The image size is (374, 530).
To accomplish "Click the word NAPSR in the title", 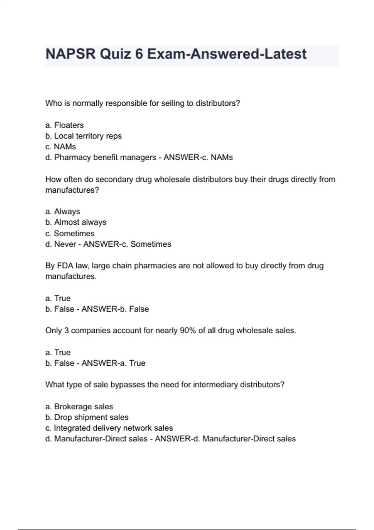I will (70, 54).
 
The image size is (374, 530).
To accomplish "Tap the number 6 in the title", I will (139, 54).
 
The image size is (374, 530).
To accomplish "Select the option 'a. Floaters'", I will (65, 125).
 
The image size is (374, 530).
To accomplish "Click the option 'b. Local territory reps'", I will (83, 136).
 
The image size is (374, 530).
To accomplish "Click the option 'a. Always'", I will (63, 211).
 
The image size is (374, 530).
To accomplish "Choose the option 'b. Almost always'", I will (76, 222).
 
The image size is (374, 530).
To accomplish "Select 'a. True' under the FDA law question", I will (58, 298).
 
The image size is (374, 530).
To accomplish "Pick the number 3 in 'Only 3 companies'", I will (66, 330).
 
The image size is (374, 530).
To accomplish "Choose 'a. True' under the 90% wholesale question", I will (58, 352).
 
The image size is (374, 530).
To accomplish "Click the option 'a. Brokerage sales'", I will (79, 407).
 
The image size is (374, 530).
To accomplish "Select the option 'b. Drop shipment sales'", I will (87, 417).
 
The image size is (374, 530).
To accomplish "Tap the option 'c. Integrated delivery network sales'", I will (109, 428).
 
